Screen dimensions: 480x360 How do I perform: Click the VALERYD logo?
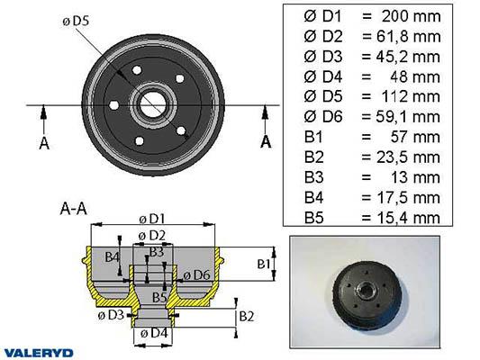[39, 353]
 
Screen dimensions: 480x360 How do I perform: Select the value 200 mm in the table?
[411, 16]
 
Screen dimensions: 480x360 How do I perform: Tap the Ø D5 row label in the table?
[323, 96]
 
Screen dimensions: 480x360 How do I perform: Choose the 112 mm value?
[411, 96]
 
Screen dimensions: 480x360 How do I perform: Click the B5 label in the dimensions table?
[313, 218]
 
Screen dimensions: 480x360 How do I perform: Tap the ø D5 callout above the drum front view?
[76, 21]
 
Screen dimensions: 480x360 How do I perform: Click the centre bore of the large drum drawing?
[153, 105]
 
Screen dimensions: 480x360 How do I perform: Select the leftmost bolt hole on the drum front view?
[113, 105]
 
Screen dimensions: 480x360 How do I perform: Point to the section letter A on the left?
[44, 143]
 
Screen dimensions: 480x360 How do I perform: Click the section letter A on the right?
[266, 142]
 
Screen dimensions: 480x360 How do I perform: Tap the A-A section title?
[74, 209]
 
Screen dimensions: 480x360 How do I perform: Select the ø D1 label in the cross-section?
[152, 219]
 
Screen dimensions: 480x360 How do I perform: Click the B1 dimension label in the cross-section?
[263, 264]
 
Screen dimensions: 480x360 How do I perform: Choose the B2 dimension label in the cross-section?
[247, 317]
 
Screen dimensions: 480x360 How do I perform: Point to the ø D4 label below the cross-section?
[154, 333]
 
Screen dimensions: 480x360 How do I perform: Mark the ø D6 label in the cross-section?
[196, 275]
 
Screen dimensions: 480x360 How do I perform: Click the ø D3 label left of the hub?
[111, 315]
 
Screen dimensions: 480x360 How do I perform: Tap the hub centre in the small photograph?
[367, 289]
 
